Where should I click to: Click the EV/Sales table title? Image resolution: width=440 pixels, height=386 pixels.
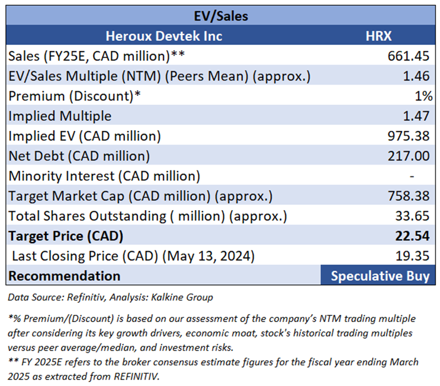(x=220, y=16)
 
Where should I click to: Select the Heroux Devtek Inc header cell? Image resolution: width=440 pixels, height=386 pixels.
(x=163, y=36)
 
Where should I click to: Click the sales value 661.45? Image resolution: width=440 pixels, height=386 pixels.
(x=410, y=56)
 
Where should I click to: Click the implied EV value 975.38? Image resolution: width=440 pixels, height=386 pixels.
(x=410, y=136)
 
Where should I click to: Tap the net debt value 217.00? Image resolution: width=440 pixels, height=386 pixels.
(x=410, y=156)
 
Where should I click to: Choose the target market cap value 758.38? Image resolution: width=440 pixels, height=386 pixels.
(x=410, y=196)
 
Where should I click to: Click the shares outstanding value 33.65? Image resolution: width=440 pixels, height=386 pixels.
(x=413, y=216)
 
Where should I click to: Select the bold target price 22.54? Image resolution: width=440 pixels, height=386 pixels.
(x=413, y=236)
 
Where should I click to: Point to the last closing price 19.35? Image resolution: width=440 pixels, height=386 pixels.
(x=413, y=256)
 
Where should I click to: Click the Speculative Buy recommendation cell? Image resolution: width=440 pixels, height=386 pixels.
(x=380, y=276)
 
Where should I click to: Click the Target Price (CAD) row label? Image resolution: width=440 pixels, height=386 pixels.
(x=66, y=236)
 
